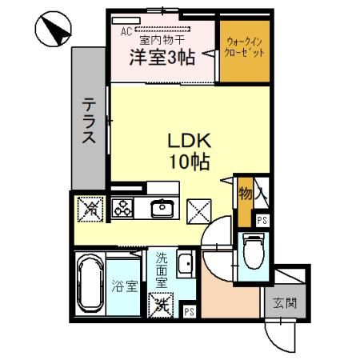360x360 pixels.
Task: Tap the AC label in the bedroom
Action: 126,32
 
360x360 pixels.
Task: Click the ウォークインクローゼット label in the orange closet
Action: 245,47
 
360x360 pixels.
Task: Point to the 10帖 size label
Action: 189,161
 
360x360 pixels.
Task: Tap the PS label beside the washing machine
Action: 190,311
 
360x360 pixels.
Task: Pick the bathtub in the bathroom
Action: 88,286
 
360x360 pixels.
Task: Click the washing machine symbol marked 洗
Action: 162,303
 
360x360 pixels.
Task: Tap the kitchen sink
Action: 162,209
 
